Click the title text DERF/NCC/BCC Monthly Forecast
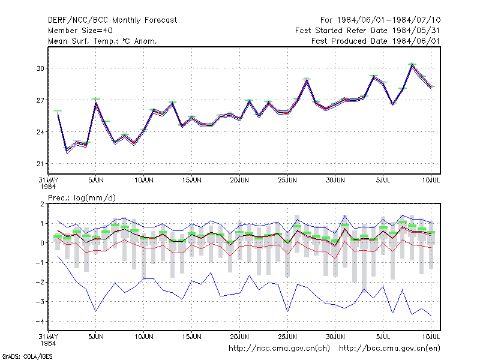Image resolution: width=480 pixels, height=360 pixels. pos(112,20)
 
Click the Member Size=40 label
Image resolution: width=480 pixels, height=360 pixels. pos(80,31)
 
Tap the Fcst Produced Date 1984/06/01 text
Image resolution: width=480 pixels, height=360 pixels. pos(376,41)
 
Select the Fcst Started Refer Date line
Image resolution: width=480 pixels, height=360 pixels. pos(368,31)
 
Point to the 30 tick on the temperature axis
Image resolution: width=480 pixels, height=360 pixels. pos(40,68)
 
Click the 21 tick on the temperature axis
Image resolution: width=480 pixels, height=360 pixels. pos(40,164)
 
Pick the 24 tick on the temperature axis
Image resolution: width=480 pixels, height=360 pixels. pos(40,132)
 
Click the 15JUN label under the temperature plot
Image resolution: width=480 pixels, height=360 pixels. pos(191,180)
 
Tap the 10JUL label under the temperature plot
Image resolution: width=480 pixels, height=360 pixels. pos(431,180)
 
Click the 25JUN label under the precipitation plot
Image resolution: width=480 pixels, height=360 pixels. pos(287,337)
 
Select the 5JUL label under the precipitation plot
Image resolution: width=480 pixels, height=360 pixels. pos(383,337)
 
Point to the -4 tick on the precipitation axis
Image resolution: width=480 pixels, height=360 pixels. pos(40,321)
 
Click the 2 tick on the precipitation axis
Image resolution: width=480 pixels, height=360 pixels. pos(42,204)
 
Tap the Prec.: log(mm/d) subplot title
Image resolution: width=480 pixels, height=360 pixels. pos(82,198)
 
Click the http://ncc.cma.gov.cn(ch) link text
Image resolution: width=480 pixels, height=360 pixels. pos(279,349)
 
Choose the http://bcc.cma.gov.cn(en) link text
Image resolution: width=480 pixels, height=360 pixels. pos(389,349)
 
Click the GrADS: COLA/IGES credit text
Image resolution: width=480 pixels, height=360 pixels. pos(27,356)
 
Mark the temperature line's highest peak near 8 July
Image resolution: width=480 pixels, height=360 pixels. pos(412,65)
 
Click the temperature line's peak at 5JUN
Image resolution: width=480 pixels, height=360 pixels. pos(96,103)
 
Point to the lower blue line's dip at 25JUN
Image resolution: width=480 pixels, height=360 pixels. pos(287,311)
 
